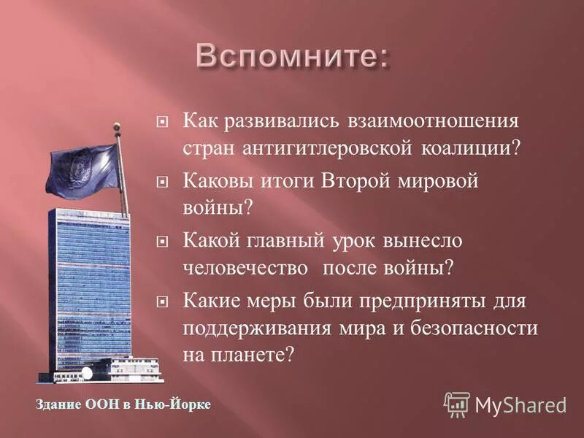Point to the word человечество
245,268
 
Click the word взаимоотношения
426,120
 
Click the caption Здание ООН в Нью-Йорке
123,404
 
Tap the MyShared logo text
520,404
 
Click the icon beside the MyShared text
457,404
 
